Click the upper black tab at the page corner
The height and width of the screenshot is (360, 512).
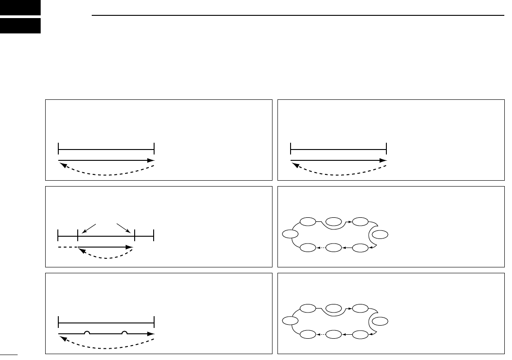20,7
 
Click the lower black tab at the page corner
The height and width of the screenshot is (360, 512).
20,26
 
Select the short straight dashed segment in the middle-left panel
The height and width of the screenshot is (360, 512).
67,247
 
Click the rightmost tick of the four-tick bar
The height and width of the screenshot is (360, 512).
154,235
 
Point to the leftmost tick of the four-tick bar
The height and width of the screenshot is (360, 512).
58,235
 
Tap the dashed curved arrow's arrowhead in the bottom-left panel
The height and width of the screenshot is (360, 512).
61,337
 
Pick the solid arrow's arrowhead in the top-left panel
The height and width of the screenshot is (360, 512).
152,160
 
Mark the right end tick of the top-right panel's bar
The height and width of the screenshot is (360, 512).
387,149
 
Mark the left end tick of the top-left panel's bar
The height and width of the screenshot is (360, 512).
59,149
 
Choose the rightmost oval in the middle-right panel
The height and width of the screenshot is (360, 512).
381,234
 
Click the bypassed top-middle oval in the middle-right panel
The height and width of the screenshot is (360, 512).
334,222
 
